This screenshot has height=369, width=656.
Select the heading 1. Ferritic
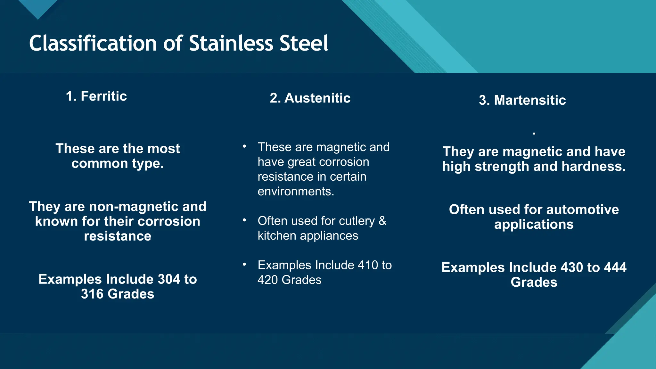point(96,96)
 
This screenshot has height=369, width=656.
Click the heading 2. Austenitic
point(310,98)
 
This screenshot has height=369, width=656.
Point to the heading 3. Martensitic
point(522,100)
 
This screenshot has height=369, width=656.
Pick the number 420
point(268,280)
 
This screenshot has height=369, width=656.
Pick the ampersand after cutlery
point(382,221)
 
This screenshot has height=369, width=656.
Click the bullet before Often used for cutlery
point(244,220)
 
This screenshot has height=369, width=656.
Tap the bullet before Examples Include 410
point(244,265)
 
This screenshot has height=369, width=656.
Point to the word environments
point(295,192)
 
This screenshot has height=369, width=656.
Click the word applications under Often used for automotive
point(534,225)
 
